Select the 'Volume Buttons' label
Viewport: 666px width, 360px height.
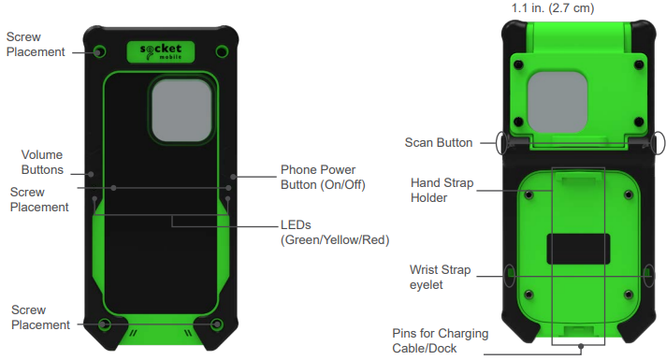coord(42,162)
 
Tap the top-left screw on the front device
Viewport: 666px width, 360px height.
coord(100,50)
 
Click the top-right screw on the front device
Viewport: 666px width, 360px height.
coord(221,50)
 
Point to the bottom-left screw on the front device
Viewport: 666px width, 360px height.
coord(105,324)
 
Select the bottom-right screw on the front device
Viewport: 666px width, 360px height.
coord(217,324)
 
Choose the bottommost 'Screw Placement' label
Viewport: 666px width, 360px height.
coord(36,317)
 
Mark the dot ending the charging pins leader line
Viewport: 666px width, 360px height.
coord(581,346)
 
